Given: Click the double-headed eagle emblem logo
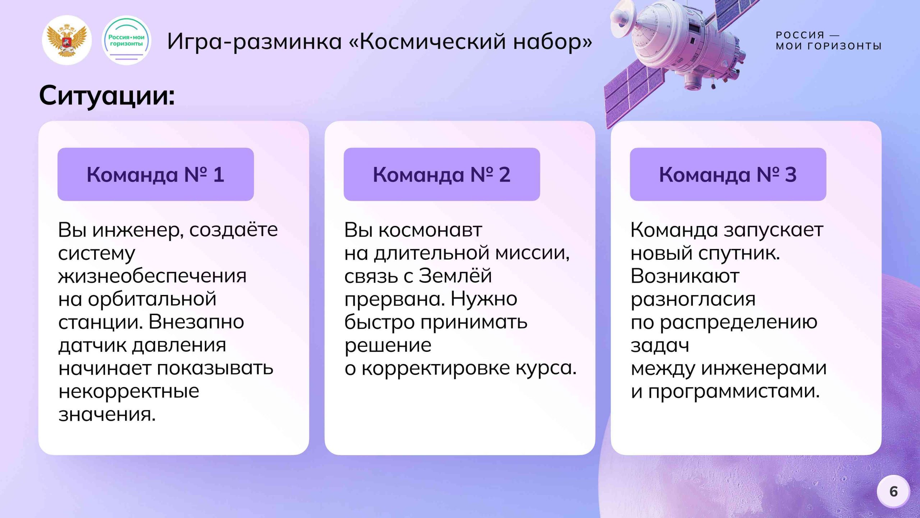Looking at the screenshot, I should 67,40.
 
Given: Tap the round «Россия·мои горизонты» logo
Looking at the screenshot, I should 126,40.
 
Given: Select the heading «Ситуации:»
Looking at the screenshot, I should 107,96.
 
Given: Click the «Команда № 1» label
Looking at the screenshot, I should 156,174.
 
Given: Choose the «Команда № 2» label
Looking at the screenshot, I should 442,174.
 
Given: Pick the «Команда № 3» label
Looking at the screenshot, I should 728,174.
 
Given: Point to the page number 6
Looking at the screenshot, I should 893,491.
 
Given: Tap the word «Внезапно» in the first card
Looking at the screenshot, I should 196,322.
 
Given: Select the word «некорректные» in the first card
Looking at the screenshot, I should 129,391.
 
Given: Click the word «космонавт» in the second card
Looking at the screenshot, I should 430,230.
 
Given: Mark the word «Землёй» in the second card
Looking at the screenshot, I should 455,276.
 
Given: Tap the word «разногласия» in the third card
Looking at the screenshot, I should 693,299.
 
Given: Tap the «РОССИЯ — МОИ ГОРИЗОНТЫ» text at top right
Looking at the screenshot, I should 828,41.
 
